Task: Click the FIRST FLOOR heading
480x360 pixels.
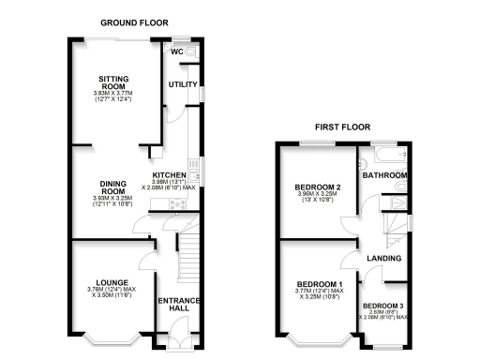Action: tap(342, 127)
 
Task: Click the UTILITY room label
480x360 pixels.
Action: tap(180, 84)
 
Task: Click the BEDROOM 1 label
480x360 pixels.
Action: tap(320, 283)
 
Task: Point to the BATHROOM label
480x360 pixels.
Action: tap(385, 175)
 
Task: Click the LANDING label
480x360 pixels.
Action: tap(384, 258)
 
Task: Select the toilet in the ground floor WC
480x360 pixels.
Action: tap(191, 52)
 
